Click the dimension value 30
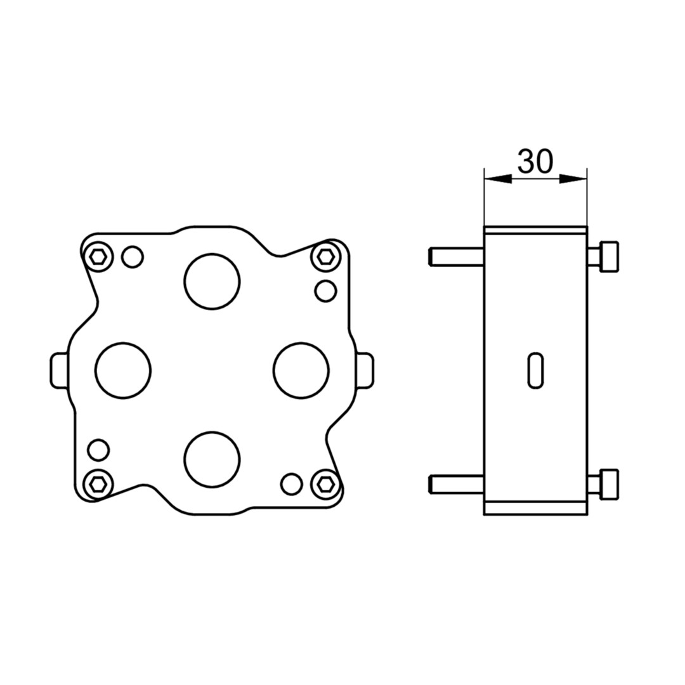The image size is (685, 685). click(x=535, y=161)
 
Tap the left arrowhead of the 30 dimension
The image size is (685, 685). click(x=498, y=179)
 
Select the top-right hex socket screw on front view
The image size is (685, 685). click(x=325, y=257)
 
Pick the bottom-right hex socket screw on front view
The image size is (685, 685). click(x=325, y=483)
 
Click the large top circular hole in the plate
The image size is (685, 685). click(x=212, y=282)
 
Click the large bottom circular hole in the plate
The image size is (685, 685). click(x=212, y=460)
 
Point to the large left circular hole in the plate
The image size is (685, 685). click(x=123, y=370)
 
